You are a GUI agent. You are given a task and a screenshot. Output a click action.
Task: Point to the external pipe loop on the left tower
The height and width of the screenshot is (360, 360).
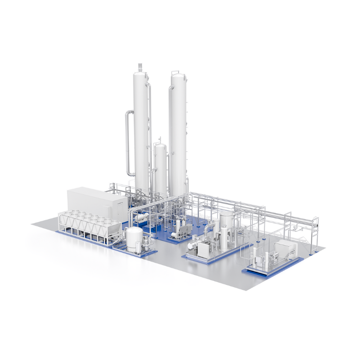tap(129, 144)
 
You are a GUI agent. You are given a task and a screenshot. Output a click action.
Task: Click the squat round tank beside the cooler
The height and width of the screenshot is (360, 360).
tap(134, 238)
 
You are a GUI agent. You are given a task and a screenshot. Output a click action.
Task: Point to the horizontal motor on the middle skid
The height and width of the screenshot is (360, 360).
tap(193, 245)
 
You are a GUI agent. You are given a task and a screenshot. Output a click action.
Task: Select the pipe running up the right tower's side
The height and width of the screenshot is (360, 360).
tap(171, 135)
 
